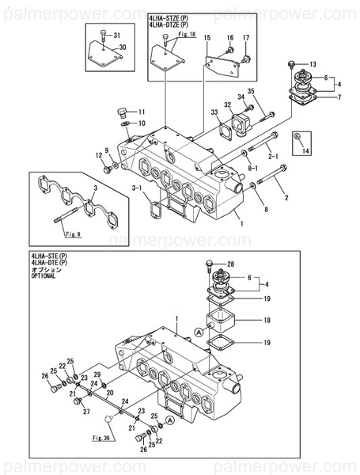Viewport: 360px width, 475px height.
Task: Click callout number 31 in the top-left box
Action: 117,36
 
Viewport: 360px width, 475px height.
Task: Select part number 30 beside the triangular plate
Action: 122,47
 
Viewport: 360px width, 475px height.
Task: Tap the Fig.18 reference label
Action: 188,36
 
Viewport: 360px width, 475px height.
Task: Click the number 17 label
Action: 246,38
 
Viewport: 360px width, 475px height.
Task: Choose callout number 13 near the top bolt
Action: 313,63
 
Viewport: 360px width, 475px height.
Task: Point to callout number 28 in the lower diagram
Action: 231,264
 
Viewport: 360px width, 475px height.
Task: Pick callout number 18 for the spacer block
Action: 267,321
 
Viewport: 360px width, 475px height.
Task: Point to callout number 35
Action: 251,93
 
